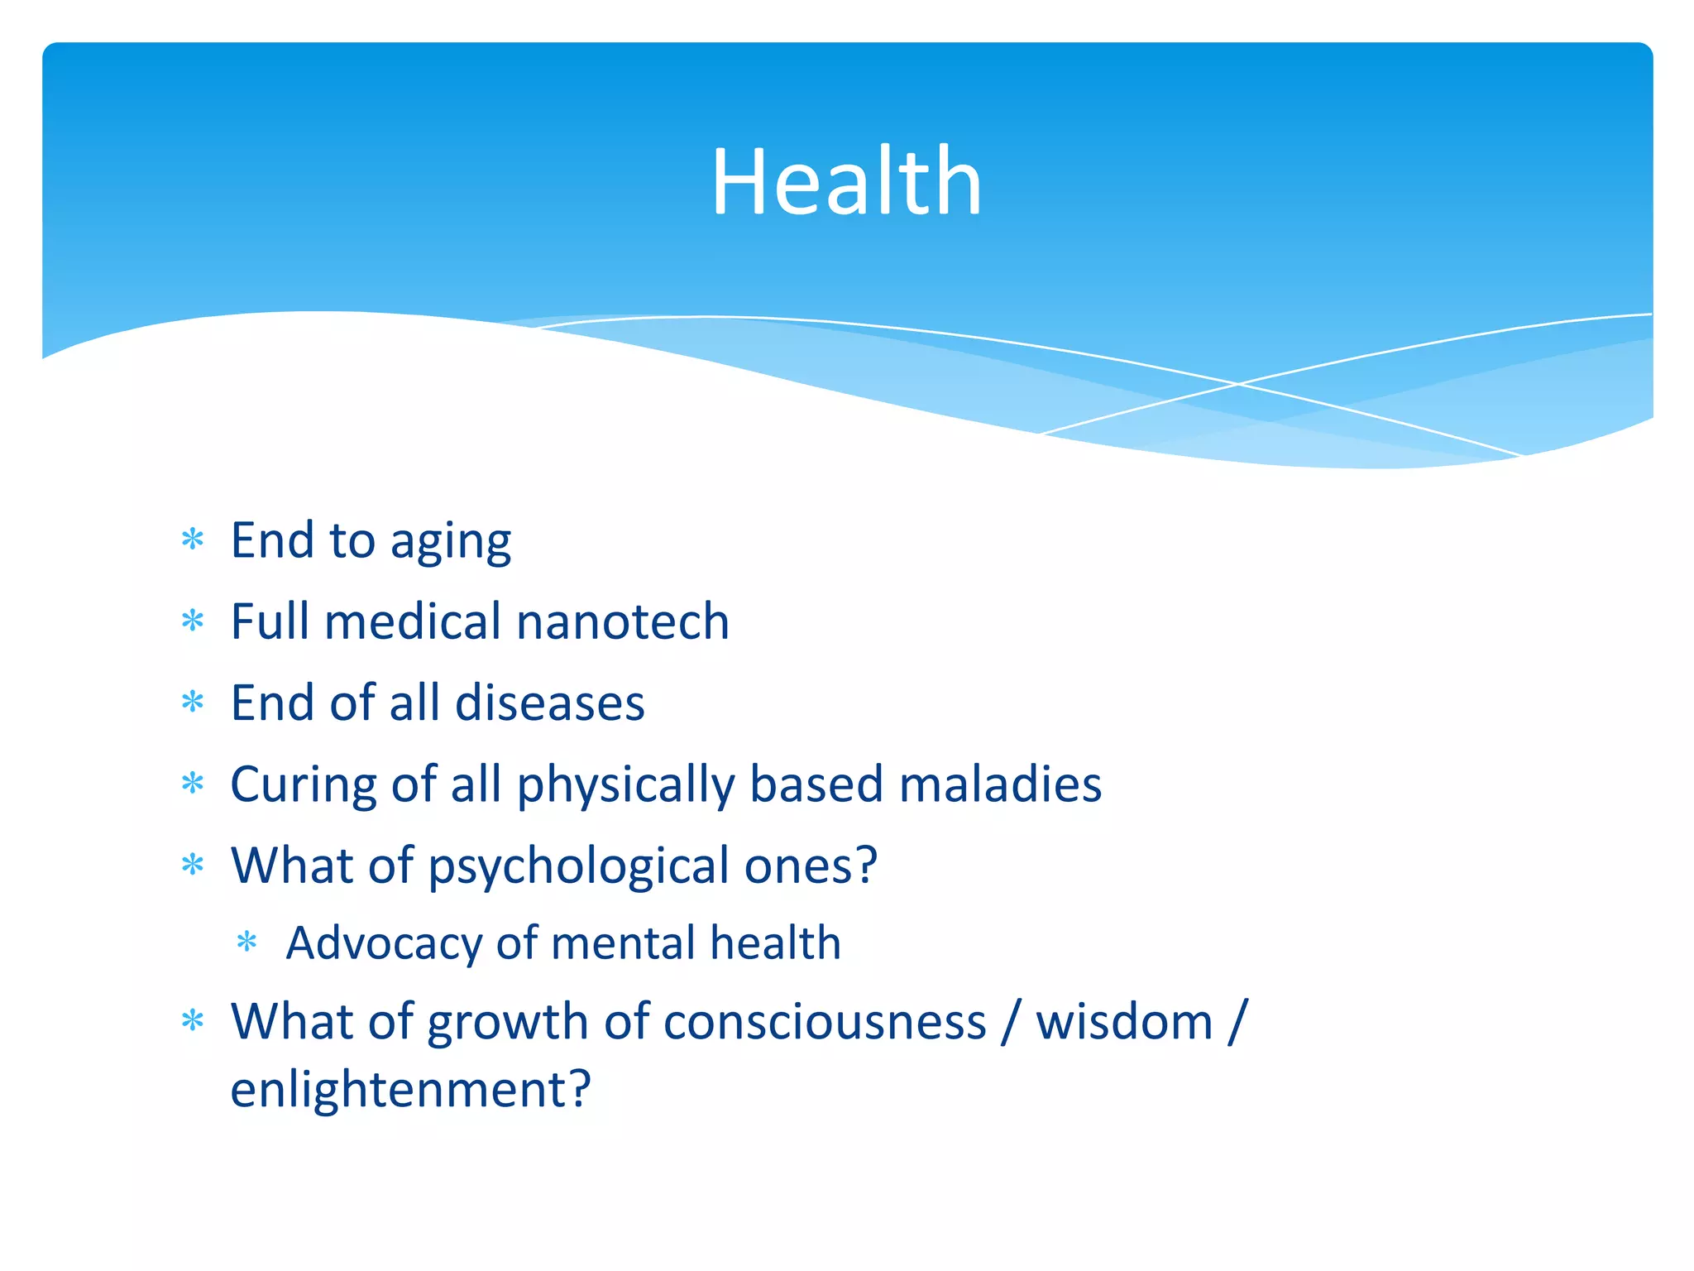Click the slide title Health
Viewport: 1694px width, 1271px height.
point(846,182)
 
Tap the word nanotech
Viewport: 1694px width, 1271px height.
point(622,622)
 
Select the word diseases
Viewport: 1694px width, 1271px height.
point(549,703)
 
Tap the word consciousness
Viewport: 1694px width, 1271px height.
point(825,1023)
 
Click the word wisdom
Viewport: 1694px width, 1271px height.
point(1124,1023)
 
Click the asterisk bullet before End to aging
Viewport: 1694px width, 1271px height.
point(193,540)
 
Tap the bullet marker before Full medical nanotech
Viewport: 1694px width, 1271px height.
point(193,621)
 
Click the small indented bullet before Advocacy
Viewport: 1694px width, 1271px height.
point(247,942)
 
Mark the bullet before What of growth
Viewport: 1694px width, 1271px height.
point(193,1021)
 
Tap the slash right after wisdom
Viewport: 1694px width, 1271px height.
point(1237,1023)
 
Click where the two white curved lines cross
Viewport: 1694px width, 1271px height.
point(1238,384)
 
